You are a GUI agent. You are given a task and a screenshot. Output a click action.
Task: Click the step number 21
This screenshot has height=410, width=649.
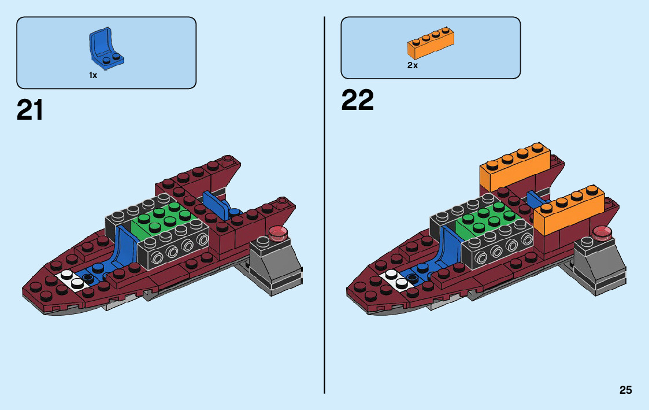point(30,110)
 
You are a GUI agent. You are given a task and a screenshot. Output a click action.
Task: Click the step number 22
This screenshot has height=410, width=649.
point(357,101)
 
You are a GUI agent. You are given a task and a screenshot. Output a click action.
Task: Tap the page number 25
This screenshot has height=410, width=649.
point(625,390)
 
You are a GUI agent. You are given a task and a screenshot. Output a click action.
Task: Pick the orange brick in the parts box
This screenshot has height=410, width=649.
point(431,45)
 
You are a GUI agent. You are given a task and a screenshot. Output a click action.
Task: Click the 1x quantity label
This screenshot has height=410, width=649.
point(93,75)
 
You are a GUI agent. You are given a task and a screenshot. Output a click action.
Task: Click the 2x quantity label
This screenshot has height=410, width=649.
point(412,65)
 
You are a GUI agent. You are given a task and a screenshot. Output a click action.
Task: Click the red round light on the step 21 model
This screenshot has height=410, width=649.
point(279,233)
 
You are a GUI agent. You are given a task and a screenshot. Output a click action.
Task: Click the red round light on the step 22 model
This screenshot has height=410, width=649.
point(603,233)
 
